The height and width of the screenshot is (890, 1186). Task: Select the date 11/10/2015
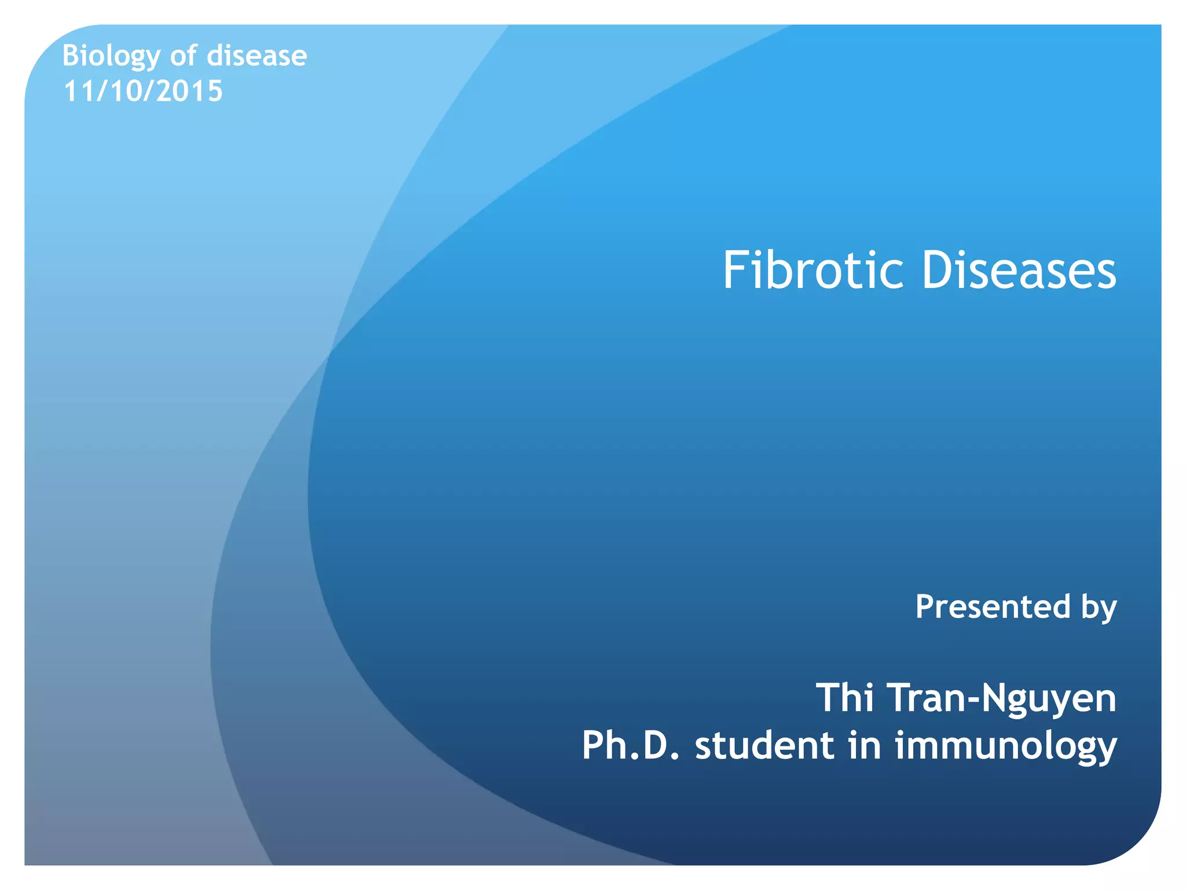[143, 91]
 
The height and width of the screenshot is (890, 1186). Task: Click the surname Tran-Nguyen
[1001, 698]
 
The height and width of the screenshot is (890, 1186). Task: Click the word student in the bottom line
[764, 745]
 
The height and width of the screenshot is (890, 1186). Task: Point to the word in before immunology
[865, 745]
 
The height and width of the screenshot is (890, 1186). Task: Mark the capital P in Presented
[924, 607]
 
